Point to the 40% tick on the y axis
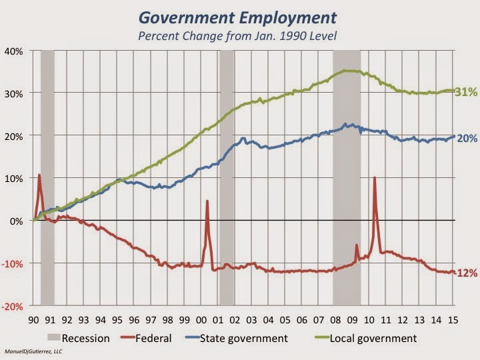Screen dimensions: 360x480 [15, 51]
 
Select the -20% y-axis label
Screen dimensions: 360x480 [13, 306]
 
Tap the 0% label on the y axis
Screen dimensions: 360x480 [17, 221]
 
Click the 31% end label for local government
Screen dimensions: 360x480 [466, 93]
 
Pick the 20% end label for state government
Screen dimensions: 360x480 [467, 138]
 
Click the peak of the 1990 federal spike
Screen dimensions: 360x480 [39, 175]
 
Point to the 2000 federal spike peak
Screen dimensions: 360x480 [207, 201]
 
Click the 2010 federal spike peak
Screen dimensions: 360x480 [374, 178]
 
